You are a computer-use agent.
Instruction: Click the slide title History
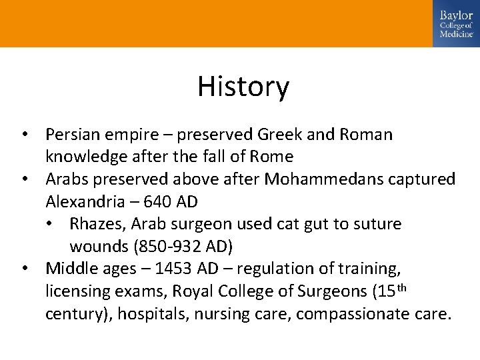pyautogui.click(x=243, y=87)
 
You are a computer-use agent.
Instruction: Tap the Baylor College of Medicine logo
pyautogui.click(x=456, y=23)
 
